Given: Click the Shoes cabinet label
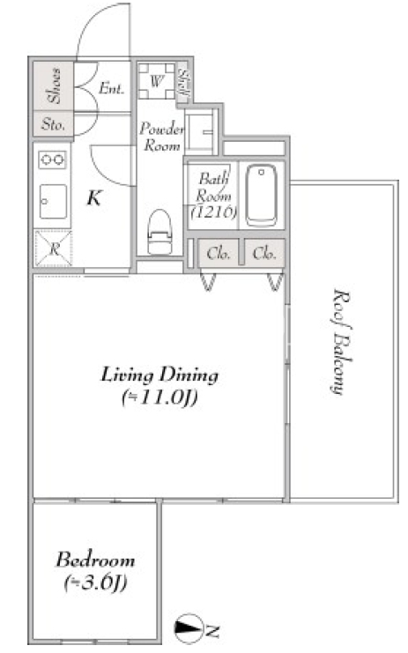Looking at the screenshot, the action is [54, 85].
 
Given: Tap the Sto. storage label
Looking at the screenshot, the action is [53, 124].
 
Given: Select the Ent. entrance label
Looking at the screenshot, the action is [111, 88].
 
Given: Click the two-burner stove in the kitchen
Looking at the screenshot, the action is [53, 160].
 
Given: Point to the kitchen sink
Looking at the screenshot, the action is [53, 202].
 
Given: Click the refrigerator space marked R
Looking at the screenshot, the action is [54, 249].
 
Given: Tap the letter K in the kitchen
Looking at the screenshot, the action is [94, 198].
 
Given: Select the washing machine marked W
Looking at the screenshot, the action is [156, 81].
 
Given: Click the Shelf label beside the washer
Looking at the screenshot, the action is [183, 84].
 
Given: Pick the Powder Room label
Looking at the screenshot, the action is [161, 137].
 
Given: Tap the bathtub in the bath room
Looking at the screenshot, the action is [261, 196].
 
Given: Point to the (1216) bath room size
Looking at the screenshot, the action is [214, 212].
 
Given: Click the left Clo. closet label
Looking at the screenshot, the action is [219, 253].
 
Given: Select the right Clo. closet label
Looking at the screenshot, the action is [264, 253].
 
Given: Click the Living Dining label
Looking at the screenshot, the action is [159, 375].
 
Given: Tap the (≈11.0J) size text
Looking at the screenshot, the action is [159, 397].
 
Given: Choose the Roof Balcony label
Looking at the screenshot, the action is [341, 342].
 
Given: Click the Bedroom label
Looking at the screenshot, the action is [95, 560].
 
